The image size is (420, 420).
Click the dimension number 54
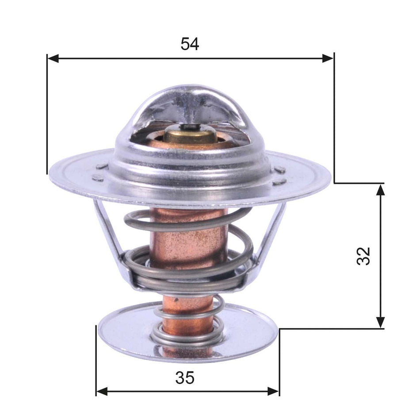[x=190, y=44]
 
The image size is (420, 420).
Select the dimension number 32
[x=363, y=256]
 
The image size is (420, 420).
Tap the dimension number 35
[x=185, y=378]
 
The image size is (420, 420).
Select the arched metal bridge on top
[x=190, y=99]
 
